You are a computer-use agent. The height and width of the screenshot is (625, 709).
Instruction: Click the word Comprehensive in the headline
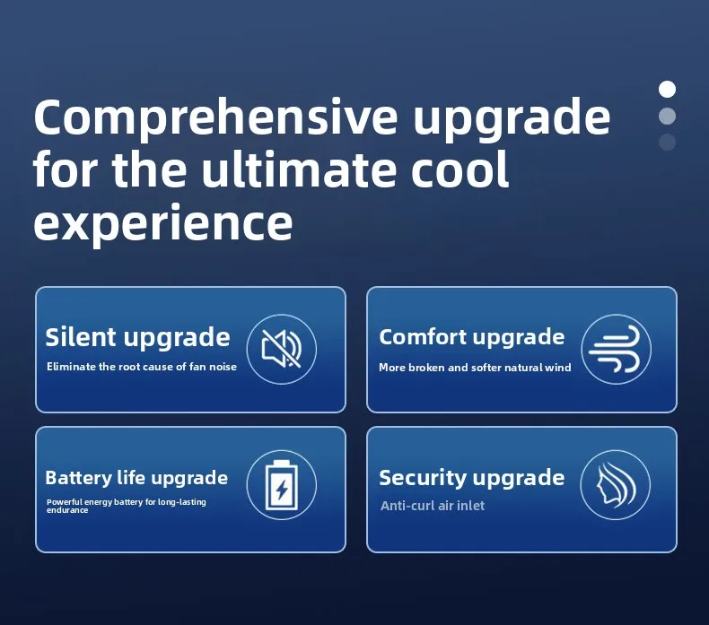[215, 119]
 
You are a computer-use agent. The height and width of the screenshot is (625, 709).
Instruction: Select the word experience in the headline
[162, 222]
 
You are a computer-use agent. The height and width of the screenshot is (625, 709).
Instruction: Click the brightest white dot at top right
[667, 89]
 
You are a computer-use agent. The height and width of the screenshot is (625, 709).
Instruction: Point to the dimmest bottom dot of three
[667, 142]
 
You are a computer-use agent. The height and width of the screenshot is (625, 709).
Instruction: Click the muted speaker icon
[281, 349]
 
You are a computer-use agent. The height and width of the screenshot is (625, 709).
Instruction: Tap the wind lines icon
[616, 350]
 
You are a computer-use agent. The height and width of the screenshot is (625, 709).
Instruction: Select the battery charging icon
[281, 485]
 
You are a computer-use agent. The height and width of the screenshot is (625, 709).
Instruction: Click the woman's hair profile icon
[616, 484]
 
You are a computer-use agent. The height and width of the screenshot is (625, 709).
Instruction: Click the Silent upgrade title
[137, 337]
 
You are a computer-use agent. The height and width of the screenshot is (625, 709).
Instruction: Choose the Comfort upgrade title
[471, 337]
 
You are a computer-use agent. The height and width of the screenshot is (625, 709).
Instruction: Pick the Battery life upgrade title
[136, 478]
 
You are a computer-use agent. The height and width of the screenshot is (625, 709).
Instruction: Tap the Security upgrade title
[471, 478]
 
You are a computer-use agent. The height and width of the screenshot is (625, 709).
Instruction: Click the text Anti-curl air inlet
[433, 506]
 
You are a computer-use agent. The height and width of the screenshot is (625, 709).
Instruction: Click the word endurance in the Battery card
[67, 510]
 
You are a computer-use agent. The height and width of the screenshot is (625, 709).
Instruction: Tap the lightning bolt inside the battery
[281, 490]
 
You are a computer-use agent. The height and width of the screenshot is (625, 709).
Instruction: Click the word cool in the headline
[460, 169]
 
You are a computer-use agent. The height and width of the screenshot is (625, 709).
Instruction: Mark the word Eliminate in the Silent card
[71, 367]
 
